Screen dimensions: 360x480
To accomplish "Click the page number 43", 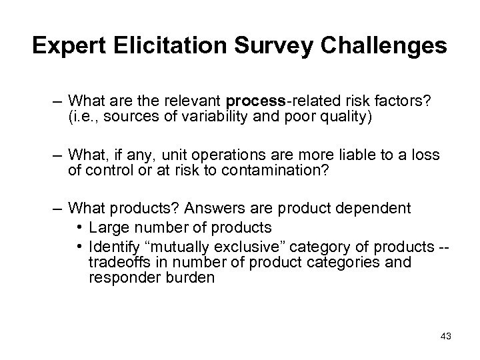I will click(445, 336).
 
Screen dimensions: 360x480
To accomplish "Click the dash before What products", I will click(57, 208).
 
